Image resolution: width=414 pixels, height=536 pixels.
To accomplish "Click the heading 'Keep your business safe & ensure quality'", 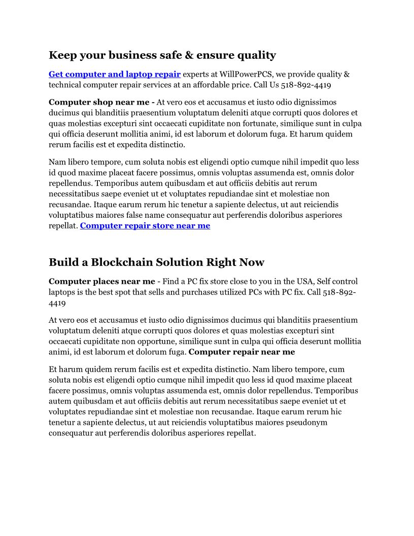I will (162, 55).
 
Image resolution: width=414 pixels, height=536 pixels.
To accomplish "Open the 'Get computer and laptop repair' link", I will (115, 75).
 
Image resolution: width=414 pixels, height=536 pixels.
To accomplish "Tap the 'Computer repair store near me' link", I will (145, 226).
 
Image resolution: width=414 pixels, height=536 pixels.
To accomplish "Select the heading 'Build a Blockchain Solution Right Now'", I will (156, 262).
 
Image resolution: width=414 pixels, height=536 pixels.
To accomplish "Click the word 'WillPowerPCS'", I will (248, 75).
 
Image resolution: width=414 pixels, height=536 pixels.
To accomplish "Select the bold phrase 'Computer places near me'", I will (102, 281).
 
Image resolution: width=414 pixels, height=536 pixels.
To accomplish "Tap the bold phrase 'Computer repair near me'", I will (241, 352).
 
